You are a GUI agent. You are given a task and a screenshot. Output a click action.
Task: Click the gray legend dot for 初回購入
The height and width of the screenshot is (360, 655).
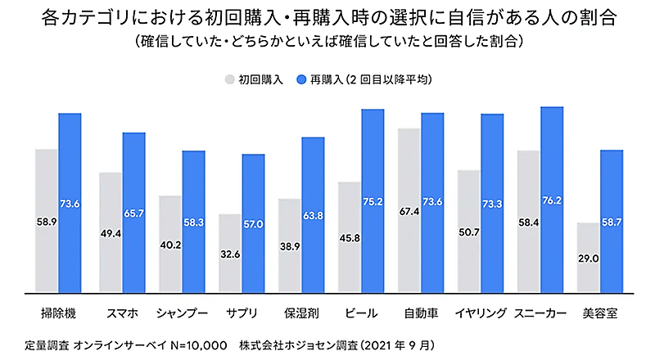click(x=228, y=80)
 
